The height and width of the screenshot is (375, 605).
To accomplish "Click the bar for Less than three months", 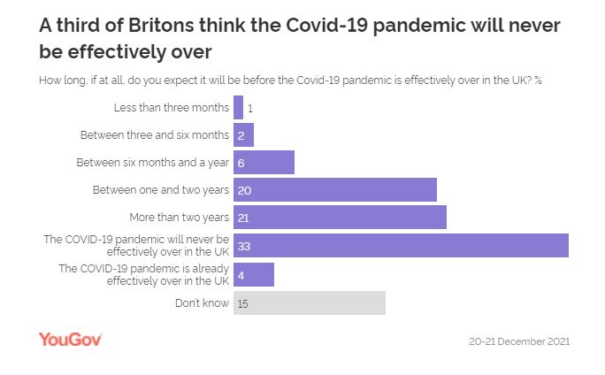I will click(x=238, y=108).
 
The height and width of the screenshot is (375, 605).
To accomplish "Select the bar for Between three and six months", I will click(x=243, y=135).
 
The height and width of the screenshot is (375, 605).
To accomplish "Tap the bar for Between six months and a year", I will click(x=264, y=163).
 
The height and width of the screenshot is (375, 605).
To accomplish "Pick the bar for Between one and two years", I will click(x=335, y=190).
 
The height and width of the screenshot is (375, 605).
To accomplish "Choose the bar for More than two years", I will click(x=340, y=218).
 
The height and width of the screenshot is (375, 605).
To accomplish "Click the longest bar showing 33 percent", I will click(x=401, y=245).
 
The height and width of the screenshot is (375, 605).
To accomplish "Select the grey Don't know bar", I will click(x=310, y=303).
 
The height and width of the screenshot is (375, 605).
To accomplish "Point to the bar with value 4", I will click(x=254, y=275).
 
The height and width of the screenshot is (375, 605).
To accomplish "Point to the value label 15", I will click(x=244, y=303).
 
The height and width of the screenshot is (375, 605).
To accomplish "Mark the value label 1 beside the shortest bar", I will click(x=251, y=109).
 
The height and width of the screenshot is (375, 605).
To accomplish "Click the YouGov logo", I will click(x=71, y=340).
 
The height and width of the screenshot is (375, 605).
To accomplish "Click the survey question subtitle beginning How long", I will click(x=288, y=80).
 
